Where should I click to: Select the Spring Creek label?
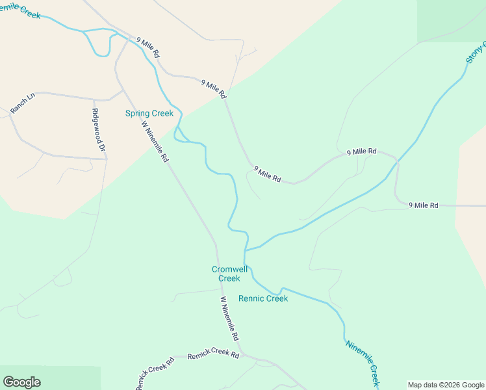click(149, 113)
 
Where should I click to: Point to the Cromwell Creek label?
click(225, 274)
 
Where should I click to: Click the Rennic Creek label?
click(263, 298)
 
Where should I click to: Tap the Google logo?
click(21, 382)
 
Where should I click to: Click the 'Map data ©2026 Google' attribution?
click(446, 385)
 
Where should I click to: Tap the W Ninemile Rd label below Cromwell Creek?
click(229, 319)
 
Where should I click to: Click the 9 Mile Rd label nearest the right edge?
click(424, 205)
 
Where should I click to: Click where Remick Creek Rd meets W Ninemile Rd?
click(242, 355)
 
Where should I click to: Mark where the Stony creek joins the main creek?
click(246, 250)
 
